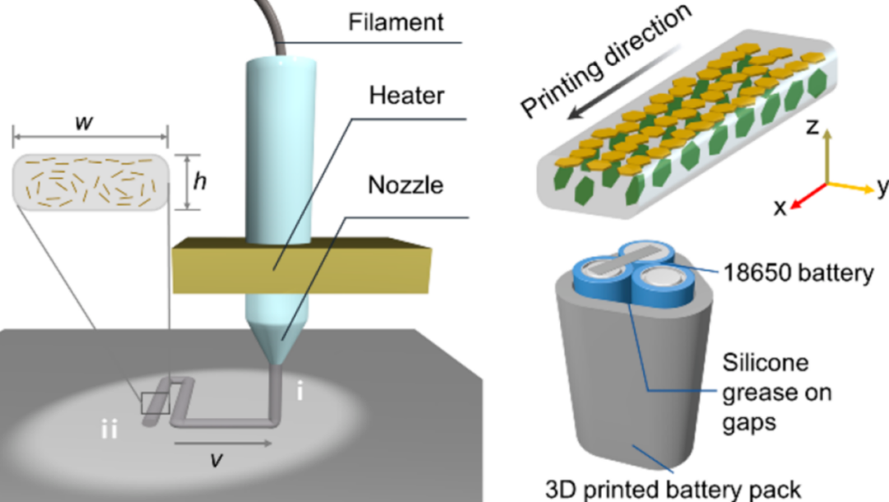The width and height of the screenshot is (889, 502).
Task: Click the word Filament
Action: (x=397, y=22)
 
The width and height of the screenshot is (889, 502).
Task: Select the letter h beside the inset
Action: (x=199, y=183)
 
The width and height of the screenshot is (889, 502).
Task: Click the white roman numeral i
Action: (x=300, y=393)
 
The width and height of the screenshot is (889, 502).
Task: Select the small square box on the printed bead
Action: (x=156, y=403)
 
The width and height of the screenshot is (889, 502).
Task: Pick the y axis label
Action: (x=882, y=188)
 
